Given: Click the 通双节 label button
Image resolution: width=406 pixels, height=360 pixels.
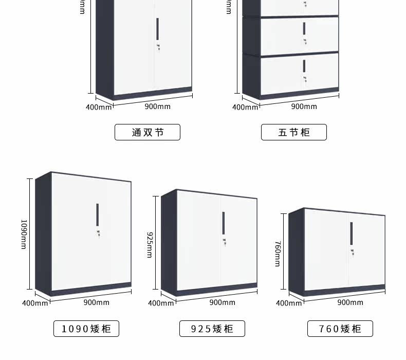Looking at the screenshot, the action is pyautogui.click(x=147, y=132).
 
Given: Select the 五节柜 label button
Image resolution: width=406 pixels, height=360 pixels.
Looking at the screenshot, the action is pyautogui.click(x=294, y=132).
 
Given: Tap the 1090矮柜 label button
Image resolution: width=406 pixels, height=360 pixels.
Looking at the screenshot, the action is pyautogui.click(x=86, y=329).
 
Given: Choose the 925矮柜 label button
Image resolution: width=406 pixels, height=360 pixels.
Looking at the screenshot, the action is pyautogui.click(x=212, y=329).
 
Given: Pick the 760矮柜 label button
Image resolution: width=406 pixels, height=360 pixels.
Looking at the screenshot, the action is pyautogui.click(x=340, y=329).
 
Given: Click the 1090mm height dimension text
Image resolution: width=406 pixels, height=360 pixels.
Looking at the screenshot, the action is pyautogui.click(x=24, y=235).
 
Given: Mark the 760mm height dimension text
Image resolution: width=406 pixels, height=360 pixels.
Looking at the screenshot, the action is pyautogui.click(x=278, y=254).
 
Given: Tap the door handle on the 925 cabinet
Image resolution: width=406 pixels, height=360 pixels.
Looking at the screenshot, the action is pyautogui.click(x=224, y=222).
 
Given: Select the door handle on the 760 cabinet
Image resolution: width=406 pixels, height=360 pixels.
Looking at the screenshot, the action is pyautogui.click(x=352, y=232).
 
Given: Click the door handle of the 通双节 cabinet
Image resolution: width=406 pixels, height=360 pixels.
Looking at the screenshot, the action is pyautogui.click(x=158, y=29).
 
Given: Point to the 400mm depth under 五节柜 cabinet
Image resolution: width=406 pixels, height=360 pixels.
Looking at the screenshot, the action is pyautogui.click(x=245, y=107).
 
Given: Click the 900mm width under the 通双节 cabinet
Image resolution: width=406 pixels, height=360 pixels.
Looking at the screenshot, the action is pyautogui.click(x=157, y=106).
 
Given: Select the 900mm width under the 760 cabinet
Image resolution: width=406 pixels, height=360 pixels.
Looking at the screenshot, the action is pyautogui.click(x=350, y=302).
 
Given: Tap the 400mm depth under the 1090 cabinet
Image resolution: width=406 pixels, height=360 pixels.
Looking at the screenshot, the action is pyautogui.click(x=35, y=303).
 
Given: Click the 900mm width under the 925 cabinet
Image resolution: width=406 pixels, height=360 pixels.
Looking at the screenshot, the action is pyautogui.click(x=222, y=302).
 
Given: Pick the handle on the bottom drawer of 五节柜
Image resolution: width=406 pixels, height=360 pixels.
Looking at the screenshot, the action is pyautogui.click(x=304, y=66).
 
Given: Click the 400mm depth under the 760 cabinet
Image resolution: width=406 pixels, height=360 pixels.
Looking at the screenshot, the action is pyautogui.click(x=289, y=303).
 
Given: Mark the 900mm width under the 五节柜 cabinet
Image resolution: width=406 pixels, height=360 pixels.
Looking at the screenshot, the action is pyautogui.click(x=304, y=106).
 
